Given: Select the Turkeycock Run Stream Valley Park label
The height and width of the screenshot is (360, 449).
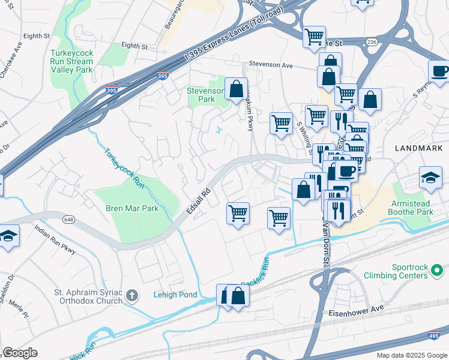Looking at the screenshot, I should (x=71, y=62).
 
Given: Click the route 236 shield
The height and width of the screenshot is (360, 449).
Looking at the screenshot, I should (x=372, y=41).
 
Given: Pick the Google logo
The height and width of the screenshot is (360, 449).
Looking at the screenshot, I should (x=20, y=353).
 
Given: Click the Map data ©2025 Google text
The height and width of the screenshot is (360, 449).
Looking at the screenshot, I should (x=411, y=355).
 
